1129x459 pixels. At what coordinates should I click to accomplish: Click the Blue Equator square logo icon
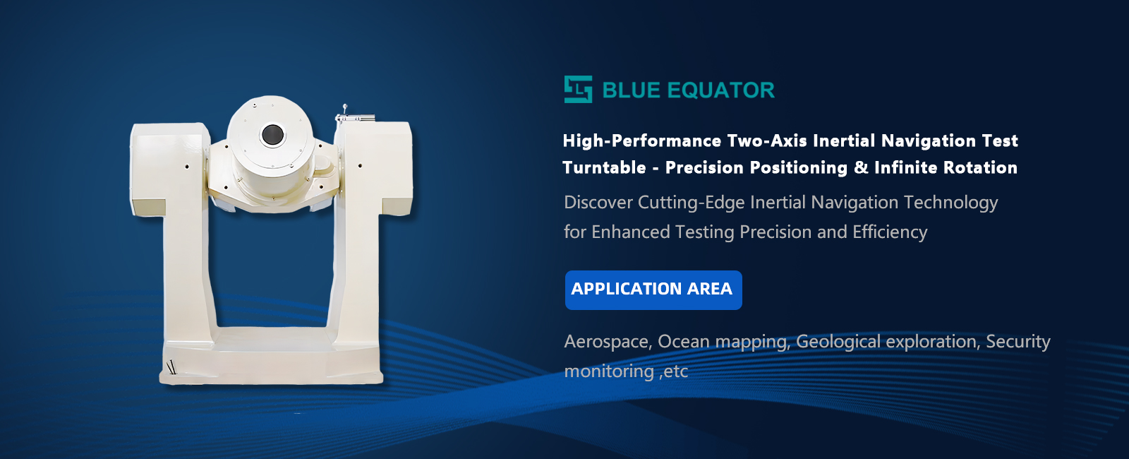[x=578, y=89]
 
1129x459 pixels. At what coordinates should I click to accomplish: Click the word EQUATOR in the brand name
[x=720, y=90]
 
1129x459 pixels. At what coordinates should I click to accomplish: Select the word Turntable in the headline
[x=604, y=167]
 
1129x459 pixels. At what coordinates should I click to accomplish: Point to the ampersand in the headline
[x=861, y=167]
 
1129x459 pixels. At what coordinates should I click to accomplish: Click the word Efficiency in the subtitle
[x=890, y=232]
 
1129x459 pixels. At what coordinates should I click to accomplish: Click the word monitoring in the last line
[x=609, y=371]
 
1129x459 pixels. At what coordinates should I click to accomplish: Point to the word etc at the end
[x=676, y=372]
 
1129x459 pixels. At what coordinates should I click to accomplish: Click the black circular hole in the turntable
[x=272, y=135]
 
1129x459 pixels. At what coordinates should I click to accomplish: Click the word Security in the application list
[x=1018, y=342]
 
